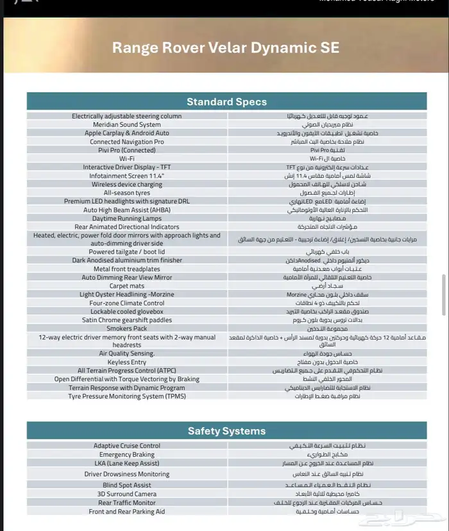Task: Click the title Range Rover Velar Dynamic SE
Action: pyautogui.click(x=225, y=47)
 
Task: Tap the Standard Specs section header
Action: pyautogui.click(x=226, y=102)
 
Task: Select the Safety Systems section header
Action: pyautogui.click(x=226, y=431)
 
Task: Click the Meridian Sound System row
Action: pyautogui.click(x=127, y=125)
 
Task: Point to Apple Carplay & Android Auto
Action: pyautogui.click(x=127, y=133)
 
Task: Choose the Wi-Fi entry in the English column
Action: pyautogui.click(x=127, y=158)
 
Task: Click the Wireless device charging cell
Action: pyautogui.click(x=127, y=184)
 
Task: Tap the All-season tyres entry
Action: pyautogui.click(x=127, y=193)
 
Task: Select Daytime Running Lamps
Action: pyautogui.click(x=127, y=218)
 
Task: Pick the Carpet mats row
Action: pyautogui.click(x=127, y=286)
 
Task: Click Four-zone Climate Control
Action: pyautogui.click(x=127, y=303)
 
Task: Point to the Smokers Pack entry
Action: pyautogui.click(x=127, y=328)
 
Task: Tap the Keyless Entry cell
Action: pyautogui.click(x=127, y=362)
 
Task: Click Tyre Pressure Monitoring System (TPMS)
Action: pyautogui.click(x=127, y=396)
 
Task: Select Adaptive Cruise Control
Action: pyautogui.click(x=127, y=446)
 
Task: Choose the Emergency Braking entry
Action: pyautogui.click(x=127, y=454)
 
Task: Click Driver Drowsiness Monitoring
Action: pyautogui.click(x=127, y=474)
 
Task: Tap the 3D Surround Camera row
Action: pyautogui.click(x=127, y=494)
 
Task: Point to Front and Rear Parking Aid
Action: pyautogui.click(x=127, y=512)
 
